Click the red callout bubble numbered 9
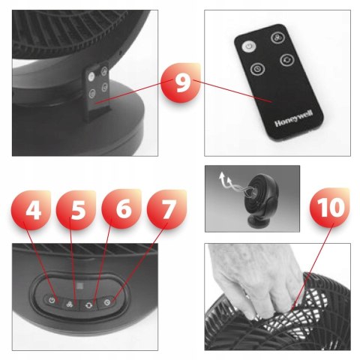181,82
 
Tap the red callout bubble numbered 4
31,210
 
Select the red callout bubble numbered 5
76,210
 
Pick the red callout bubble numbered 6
121,209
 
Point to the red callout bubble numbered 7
167,209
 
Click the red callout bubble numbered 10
330,208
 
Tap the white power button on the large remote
249,46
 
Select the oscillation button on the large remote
286,60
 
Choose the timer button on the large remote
257,69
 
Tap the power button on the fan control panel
52,300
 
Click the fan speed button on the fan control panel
70,304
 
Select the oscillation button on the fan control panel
89,305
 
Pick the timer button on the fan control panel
108,302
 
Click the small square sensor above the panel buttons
79,286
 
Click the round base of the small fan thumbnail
256,221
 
